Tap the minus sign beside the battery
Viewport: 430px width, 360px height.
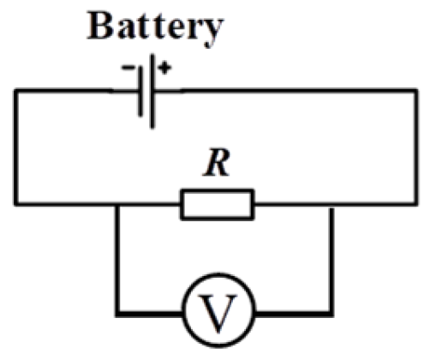pos(129,68)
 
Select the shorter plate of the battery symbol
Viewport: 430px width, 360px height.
pos(140,89)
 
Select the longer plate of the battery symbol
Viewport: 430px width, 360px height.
pos(154,89)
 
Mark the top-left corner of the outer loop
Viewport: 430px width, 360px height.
pos(16,89)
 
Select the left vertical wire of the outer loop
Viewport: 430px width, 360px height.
pos(16,146)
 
